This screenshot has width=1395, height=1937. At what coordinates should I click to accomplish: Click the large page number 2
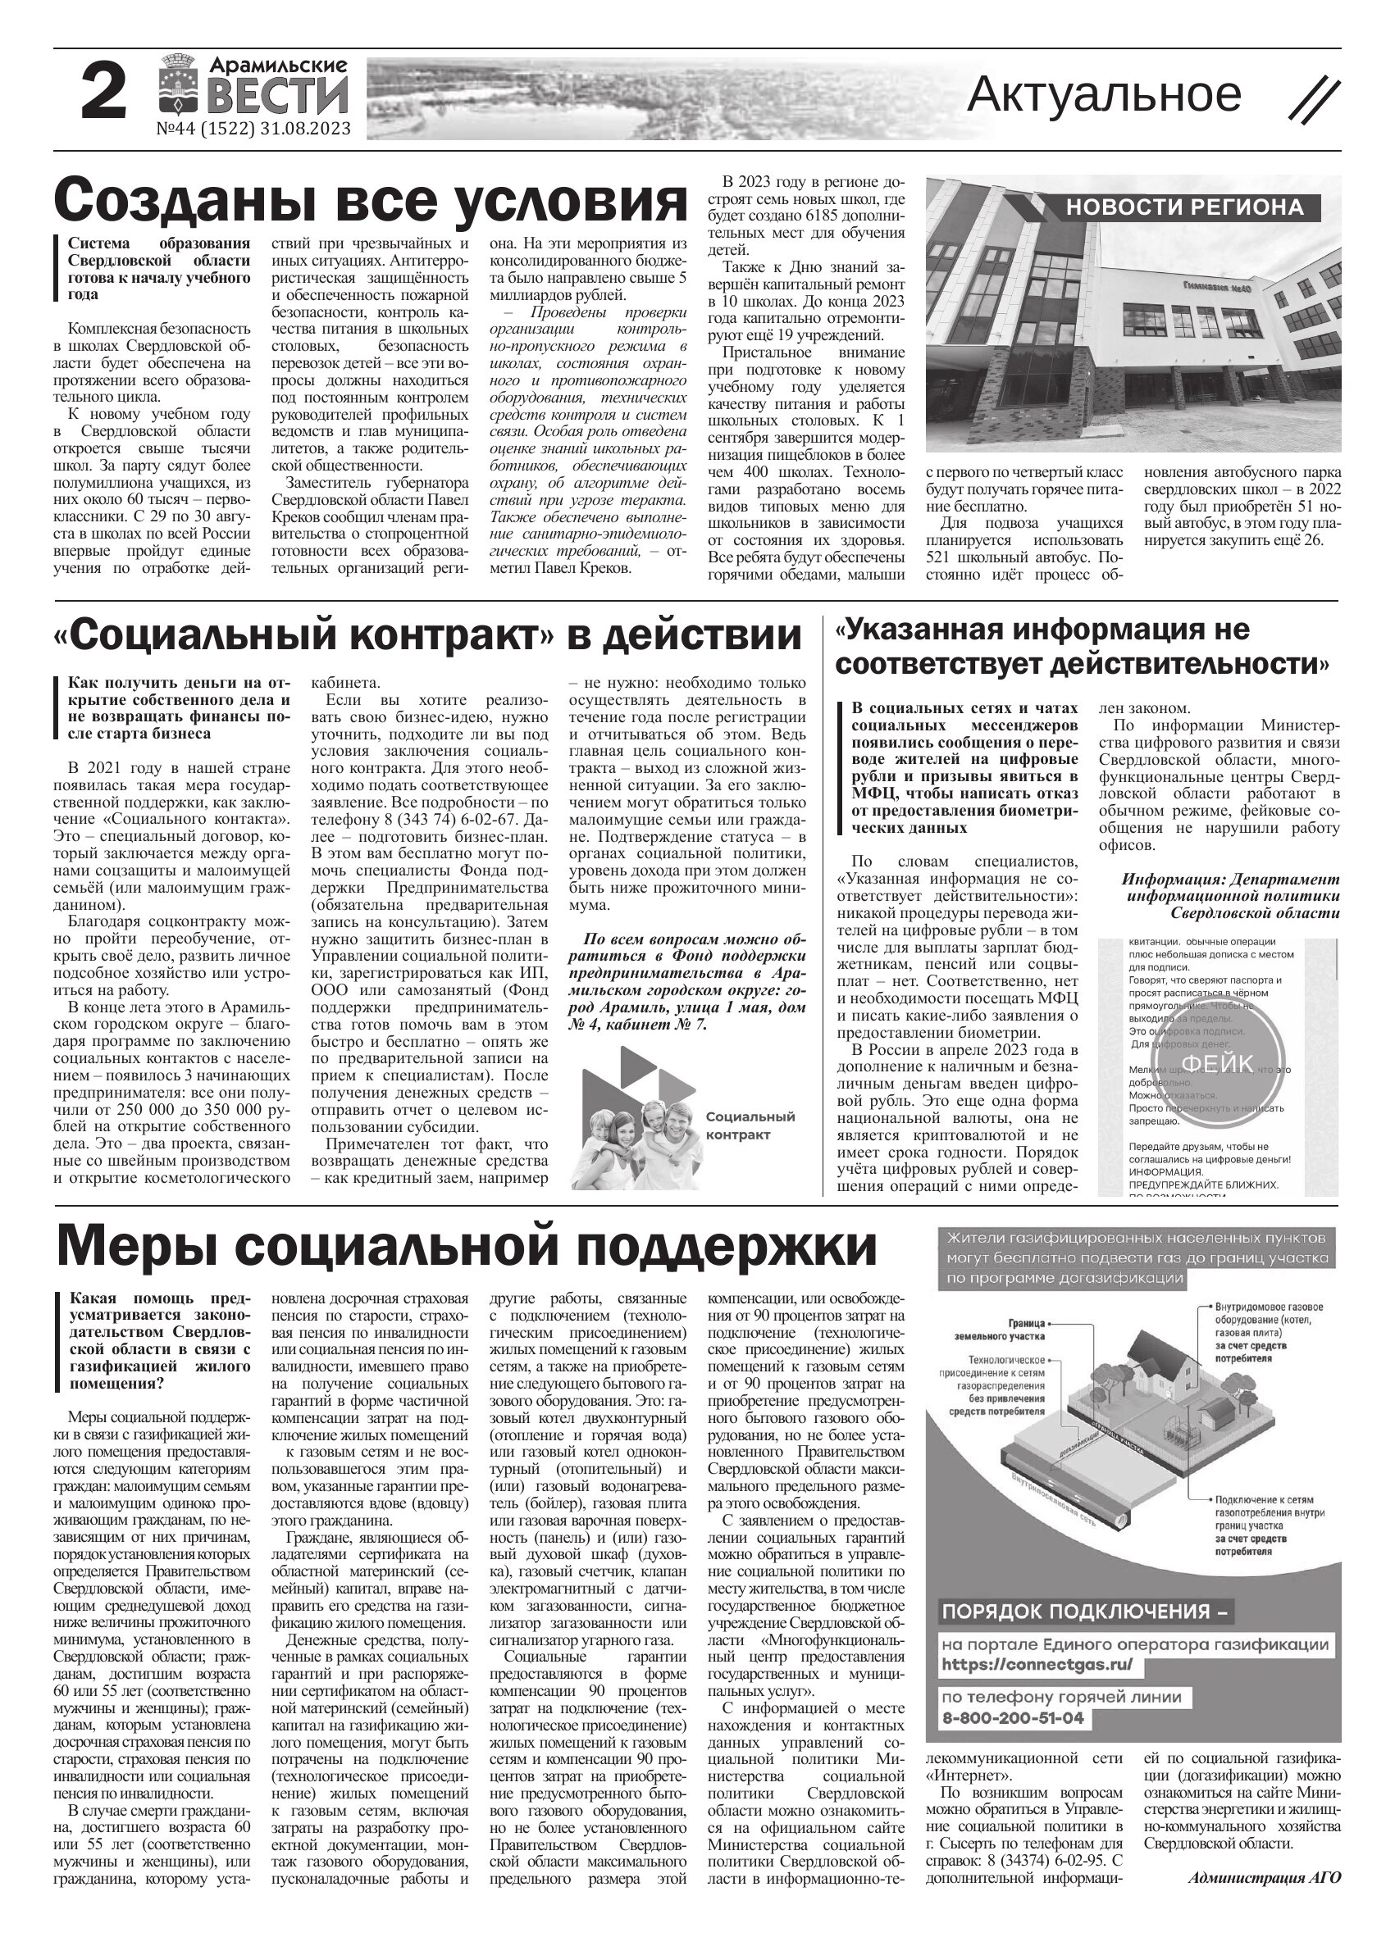(x=103, y=94)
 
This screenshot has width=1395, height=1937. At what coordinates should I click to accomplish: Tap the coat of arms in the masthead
(x=178, y=95)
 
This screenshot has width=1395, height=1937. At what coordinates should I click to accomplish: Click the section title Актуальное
(x=1104, y=94)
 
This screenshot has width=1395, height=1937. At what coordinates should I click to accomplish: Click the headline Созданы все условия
(x=370, y=202)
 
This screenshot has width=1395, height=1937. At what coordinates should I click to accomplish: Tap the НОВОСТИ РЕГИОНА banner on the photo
(x=1184, y=207)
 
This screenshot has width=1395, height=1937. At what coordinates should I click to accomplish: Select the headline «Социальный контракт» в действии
(x=427, y=635)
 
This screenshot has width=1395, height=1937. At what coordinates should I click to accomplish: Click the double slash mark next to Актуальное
(x=1313, y=98)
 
